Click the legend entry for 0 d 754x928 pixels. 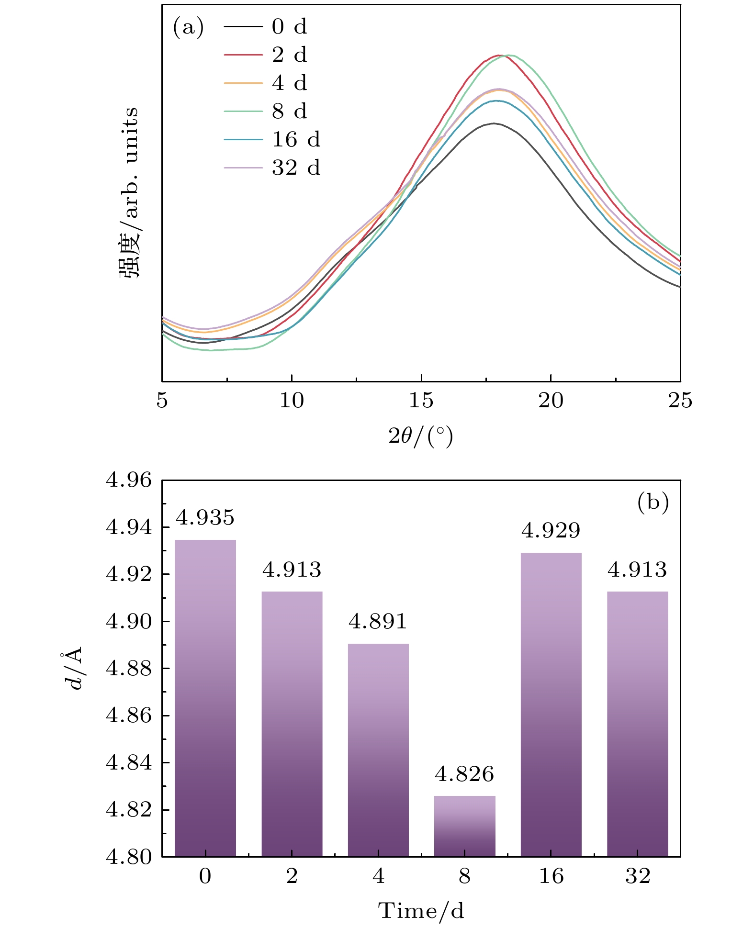266,26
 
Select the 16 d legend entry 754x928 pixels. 272,139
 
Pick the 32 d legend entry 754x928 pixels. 272,168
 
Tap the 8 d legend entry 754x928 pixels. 266,111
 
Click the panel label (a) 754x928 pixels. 188,27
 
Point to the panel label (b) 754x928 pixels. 653,503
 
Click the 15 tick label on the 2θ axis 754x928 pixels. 421,401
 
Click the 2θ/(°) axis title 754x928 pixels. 421,436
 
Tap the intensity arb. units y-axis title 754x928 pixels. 129,193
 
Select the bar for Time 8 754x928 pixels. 465,826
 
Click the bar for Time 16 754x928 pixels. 551,704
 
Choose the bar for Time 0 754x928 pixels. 205,698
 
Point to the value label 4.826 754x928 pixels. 464,774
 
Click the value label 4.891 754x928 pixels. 378,622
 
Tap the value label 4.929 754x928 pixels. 551,531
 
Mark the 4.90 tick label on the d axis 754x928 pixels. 128,622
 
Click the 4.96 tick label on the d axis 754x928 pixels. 128,481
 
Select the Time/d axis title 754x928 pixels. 421,911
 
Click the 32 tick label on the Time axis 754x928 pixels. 638,876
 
